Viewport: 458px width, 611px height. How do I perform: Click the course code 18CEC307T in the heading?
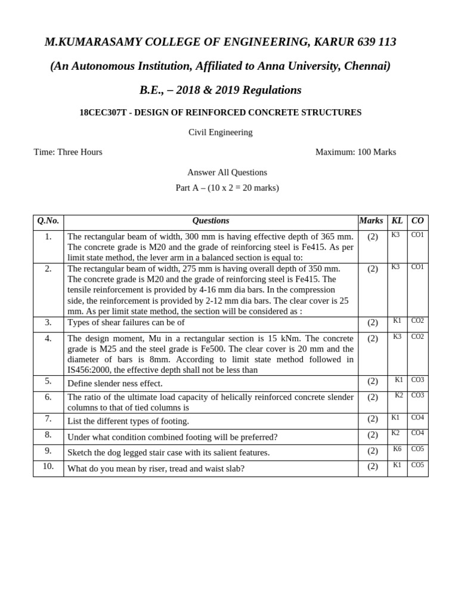point(103,112)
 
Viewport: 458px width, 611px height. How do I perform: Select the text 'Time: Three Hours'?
point(68,152)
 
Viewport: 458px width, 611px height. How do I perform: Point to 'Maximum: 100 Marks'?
point(355,152)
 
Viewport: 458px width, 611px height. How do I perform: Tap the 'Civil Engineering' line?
point(221,132)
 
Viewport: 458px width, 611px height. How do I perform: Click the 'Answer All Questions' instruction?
point(227,172)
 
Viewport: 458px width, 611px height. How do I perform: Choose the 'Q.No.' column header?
point(48,221)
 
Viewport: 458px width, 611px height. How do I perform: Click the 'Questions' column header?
point(211,221)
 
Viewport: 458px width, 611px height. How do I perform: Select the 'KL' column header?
point(397,221)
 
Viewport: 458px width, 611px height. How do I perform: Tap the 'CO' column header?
point(417,221)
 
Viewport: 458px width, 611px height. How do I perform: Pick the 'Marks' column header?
point(371,221)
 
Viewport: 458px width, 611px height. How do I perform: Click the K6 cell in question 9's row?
point(397,449)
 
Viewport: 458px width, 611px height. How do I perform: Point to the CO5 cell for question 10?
point(417,465)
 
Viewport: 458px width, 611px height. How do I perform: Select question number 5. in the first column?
point(48,381)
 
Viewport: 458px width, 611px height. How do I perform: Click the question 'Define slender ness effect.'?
point(115,384)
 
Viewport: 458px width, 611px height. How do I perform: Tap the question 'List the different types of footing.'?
point(128,421)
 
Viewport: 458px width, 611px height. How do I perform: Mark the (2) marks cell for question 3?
point(373,322)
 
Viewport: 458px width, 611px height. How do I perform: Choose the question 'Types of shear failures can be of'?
point(126,322)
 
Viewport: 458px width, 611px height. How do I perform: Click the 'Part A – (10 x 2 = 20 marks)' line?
point(227,188)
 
